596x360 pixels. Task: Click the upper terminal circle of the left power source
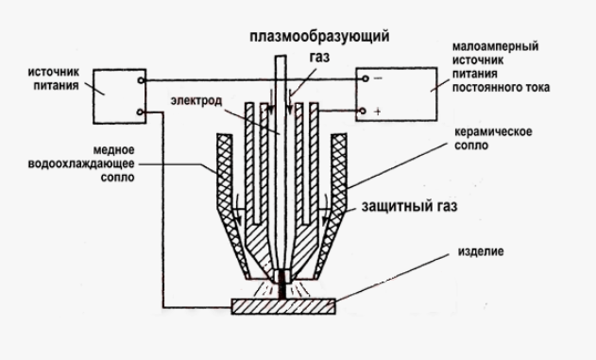pos(140,81)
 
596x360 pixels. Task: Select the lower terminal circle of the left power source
pos(140,114)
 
